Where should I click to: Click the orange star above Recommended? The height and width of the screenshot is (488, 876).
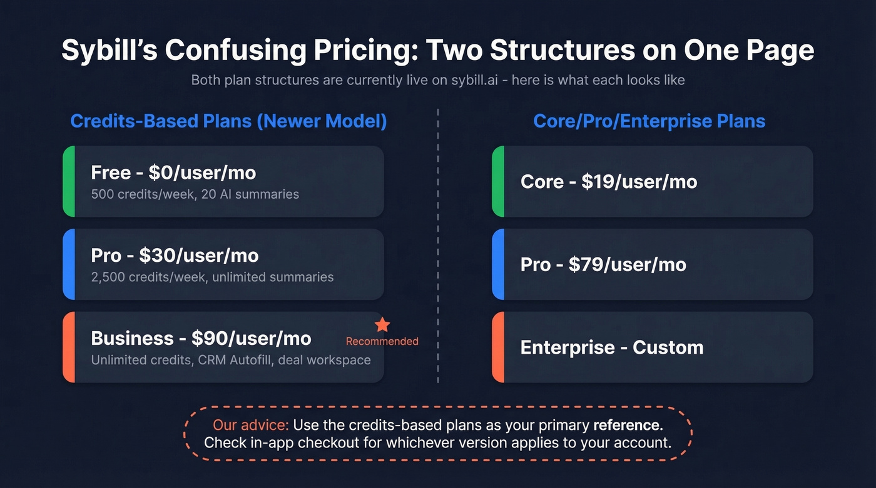pos(382,325)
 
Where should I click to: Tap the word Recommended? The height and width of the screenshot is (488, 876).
pos(382,341)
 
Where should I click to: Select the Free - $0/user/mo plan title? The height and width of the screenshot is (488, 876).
pos(173,172)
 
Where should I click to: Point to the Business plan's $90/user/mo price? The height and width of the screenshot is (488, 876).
pos(252,338)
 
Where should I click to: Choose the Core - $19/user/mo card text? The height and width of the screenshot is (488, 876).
pos(608,182)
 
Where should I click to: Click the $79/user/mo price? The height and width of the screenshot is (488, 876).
pos(627,264)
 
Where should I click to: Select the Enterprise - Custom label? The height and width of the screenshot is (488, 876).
pos(611,347)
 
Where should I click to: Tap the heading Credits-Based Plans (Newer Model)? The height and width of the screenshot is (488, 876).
pos(228,121)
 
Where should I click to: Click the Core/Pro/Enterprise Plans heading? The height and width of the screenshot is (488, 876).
pos(649,121)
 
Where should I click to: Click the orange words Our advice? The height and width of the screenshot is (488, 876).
pos(250,426)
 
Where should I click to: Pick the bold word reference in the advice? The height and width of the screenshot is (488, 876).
pos(628,426)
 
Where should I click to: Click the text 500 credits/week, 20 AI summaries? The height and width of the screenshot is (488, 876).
pos(195,194)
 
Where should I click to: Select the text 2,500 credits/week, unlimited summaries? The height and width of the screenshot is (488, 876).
pos(212,277)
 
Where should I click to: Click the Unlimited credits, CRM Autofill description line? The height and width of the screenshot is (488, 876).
pos(230,360)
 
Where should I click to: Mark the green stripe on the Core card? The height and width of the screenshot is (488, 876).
pos(498,182)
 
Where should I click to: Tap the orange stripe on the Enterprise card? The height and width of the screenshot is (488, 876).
pos(498,347)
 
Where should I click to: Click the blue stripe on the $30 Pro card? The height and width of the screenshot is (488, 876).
pos(69,264)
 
